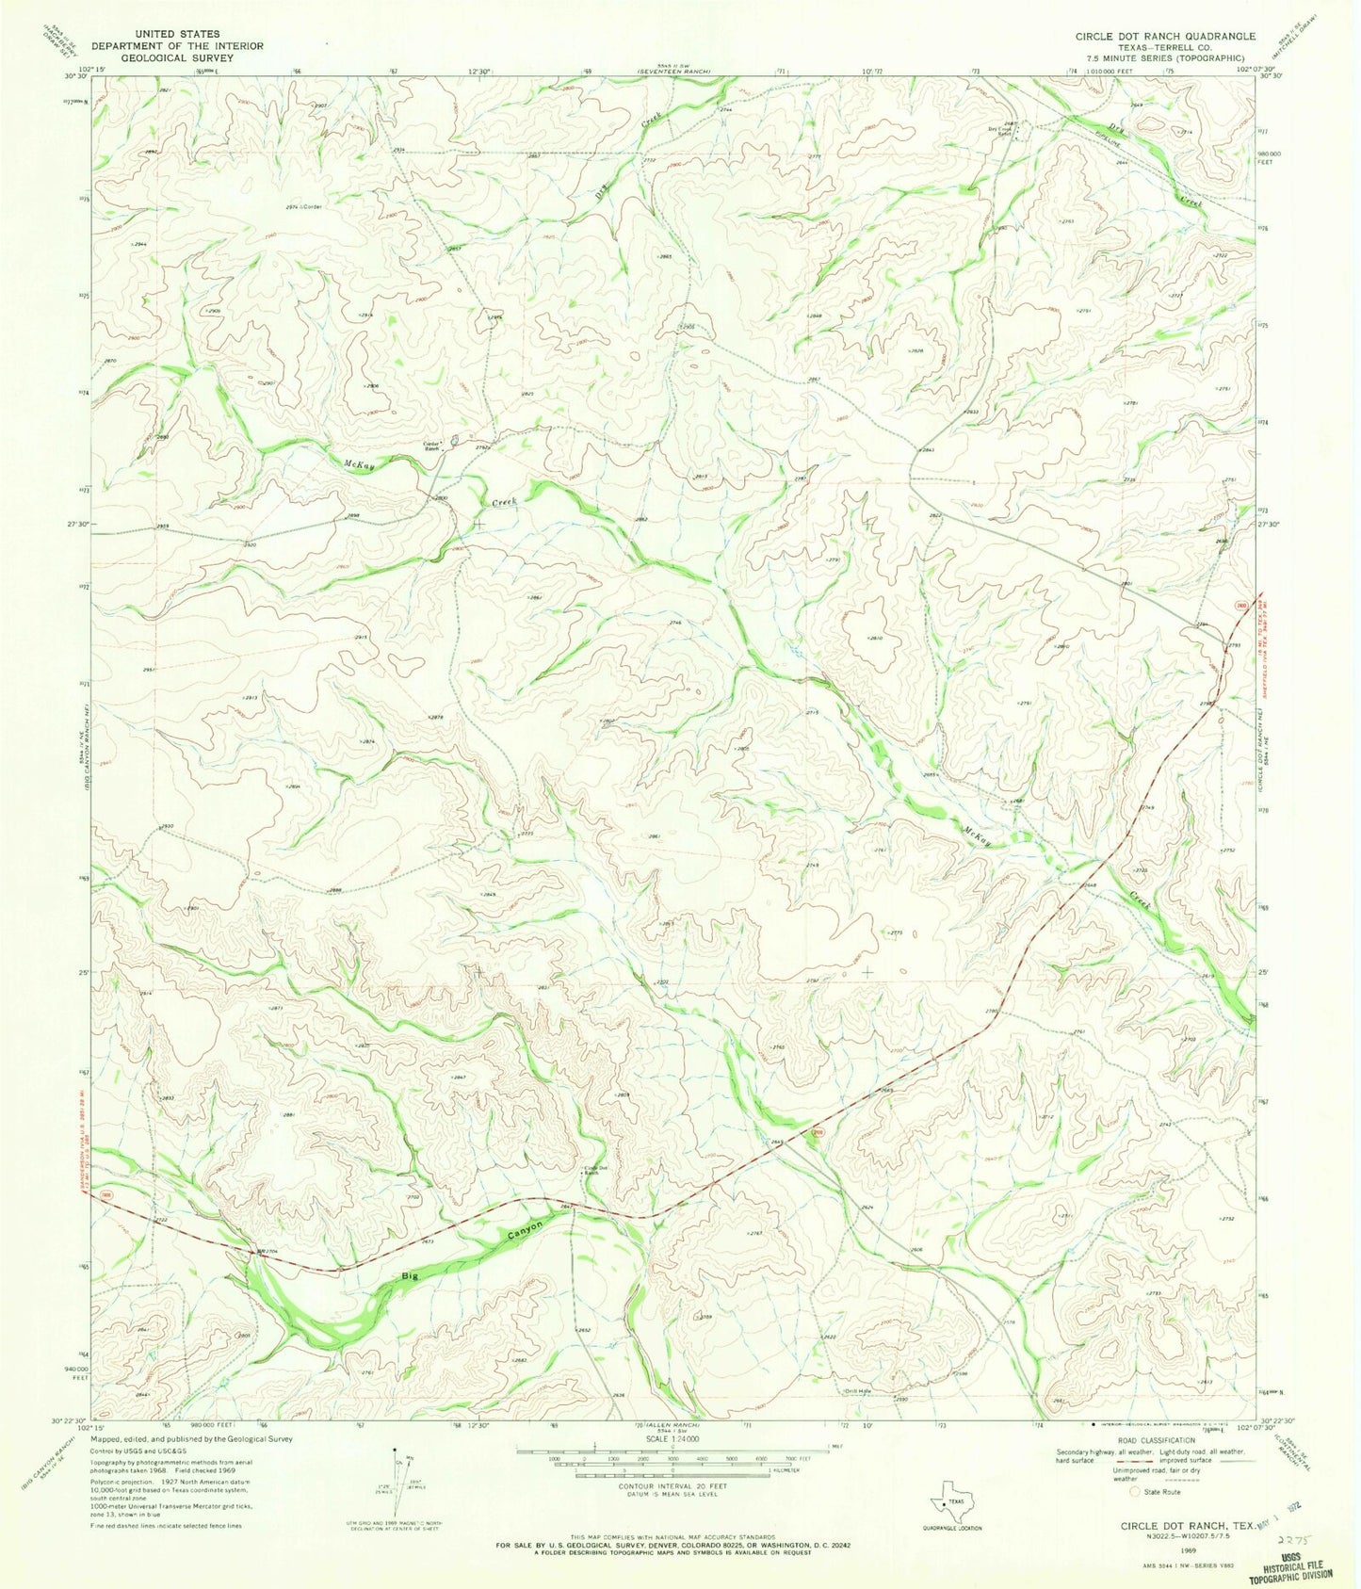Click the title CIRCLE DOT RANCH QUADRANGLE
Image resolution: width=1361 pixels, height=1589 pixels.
pyautogui.click(x=1165, y=36)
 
